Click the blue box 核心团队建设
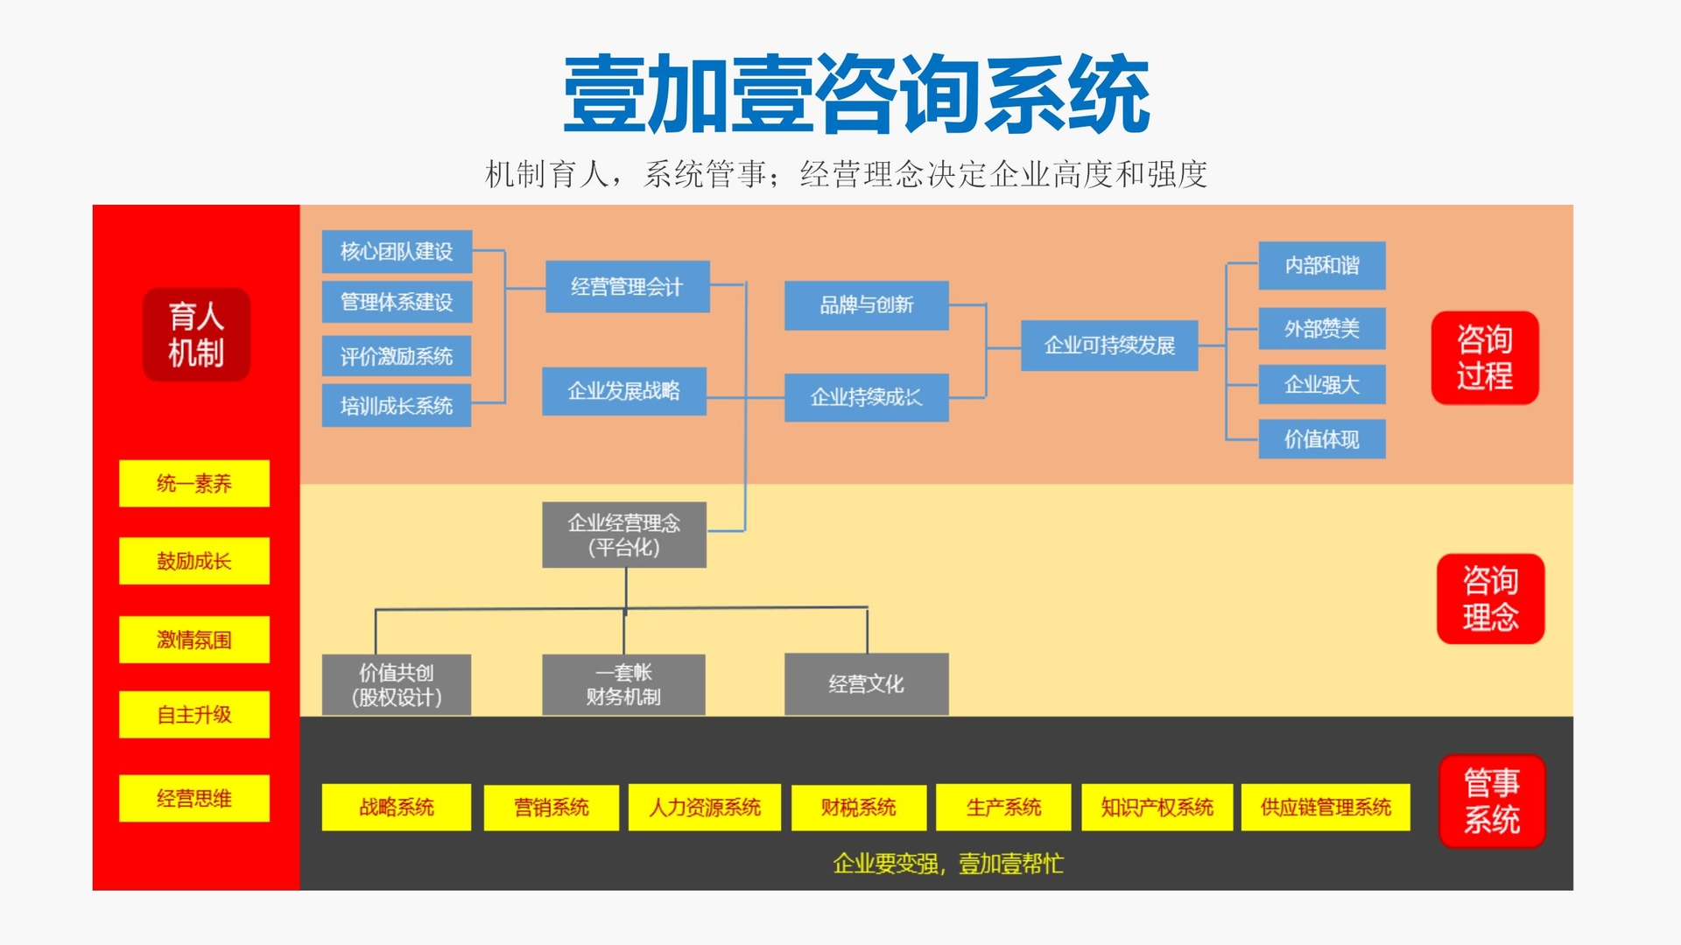point(397,252)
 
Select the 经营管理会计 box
point(627,287)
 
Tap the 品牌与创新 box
point(866,305)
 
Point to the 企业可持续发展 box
point(1109,346)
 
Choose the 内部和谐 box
point(1321,265)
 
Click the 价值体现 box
point(1321,439)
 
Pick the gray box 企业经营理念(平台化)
point(624,535)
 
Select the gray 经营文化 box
point(866,684)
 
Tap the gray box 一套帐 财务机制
point(623,684)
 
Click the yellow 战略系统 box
point(396,807)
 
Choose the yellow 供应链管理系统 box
point(1326,807)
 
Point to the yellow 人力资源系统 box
point(705,807)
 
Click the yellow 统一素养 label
point(194,483)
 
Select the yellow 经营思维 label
point(194,798)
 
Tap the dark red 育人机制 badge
point(196,334)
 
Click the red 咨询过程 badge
point(1485,358)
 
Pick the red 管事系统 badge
point(1492,801)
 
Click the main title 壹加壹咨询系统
point(856,94)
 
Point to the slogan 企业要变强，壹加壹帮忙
point(948,864)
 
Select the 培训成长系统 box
point(397,406)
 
